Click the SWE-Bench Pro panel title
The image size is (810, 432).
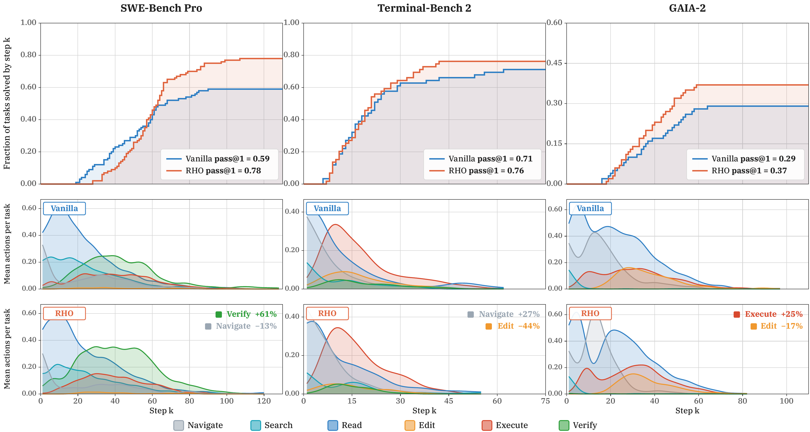pyautogui.click(x=161, y=8)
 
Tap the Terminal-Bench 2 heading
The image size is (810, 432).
pyautogui.click(x=424, y=8)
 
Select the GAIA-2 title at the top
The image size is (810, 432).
pyautogui.click(x=687, y=8)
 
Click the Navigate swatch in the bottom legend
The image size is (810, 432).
pyautogui.click(x=179, y=425)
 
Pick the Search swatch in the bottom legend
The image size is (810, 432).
pyautogui.click(x=256, y=425)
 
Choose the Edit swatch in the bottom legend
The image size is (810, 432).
pyautogui.click(x=410, y=425)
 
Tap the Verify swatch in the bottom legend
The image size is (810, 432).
pyautogui.click(x=564, y=425)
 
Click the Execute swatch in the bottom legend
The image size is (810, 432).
pyautogui.click(x=487, y=425)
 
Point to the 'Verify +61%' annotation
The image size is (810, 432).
pyautogui.click(x=246, y=314)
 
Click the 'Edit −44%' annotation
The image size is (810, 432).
pyautogui.click(x=512, y=326)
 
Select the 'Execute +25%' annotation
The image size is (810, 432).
pyautogui.click(x=768, y=314)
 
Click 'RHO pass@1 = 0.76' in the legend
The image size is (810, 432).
pyautogui.click(x=486, y=171)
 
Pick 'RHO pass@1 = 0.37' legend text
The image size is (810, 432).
pyautogui.click(x=749, y=171)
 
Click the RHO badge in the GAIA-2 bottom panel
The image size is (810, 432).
pyautogui.click(x=590, y=313)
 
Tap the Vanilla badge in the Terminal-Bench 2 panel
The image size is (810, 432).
pyautogui.click(x=327, y=209)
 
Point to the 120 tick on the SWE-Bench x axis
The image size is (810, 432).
pyautogui.click(x=264, y=401)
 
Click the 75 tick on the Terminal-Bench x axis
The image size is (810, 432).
pyautogui.click(x=546, y=401)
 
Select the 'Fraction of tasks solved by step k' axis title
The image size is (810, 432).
pyautogui.click(x=7, y=103)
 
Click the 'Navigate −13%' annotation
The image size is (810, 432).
pyautogui.click(x=241, y=326)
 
